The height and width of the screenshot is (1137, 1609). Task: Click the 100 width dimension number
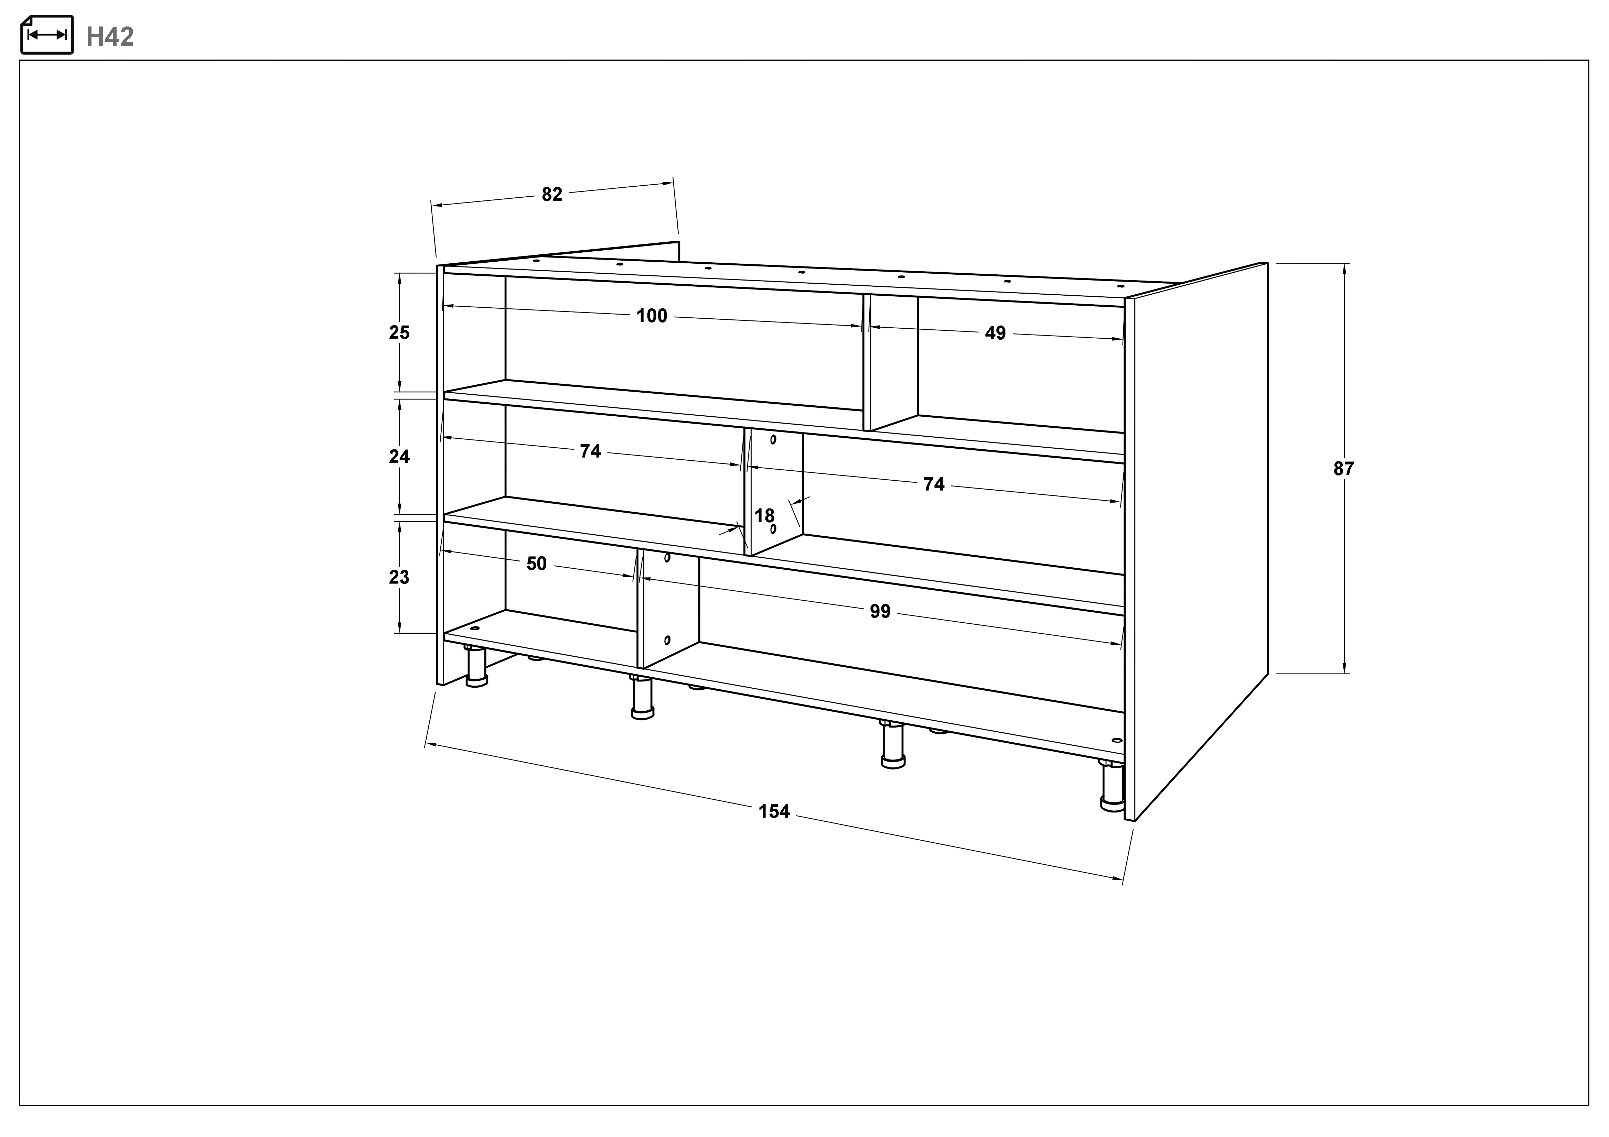(652, 316)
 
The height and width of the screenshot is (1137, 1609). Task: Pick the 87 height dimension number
(1343, 469)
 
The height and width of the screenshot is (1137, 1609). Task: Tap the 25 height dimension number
(399, 333)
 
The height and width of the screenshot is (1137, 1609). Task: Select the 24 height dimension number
(399, 457)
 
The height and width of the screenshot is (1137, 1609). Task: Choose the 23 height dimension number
(399, 577)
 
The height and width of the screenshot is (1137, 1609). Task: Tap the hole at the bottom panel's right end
(1116, 740)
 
